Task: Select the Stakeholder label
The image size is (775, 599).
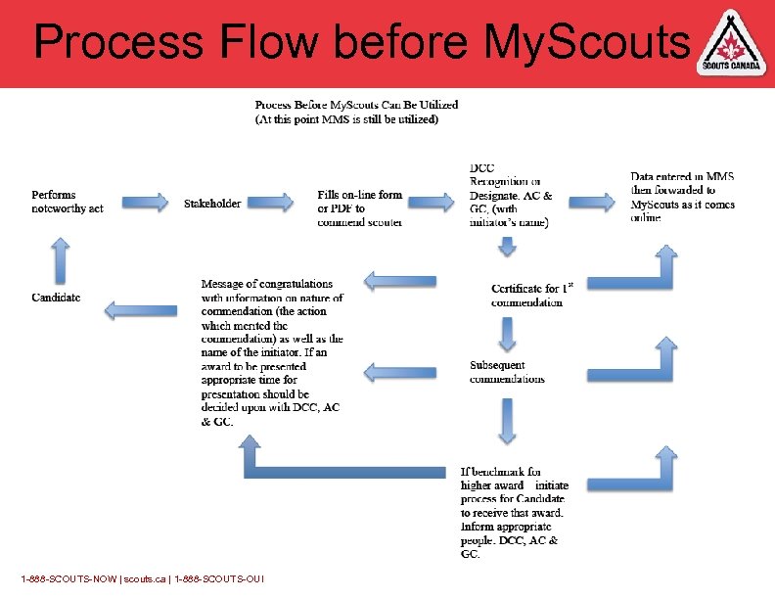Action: point(212,204)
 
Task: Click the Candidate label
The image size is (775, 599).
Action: point(56,297)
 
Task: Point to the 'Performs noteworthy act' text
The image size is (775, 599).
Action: point(67,202)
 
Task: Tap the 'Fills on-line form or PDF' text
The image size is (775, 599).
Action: point(360,208)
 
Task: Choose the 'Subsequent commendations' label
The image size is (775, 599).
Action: point(507,372)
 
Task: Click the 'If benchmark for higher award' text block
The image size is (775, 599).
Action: point(513,512)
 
